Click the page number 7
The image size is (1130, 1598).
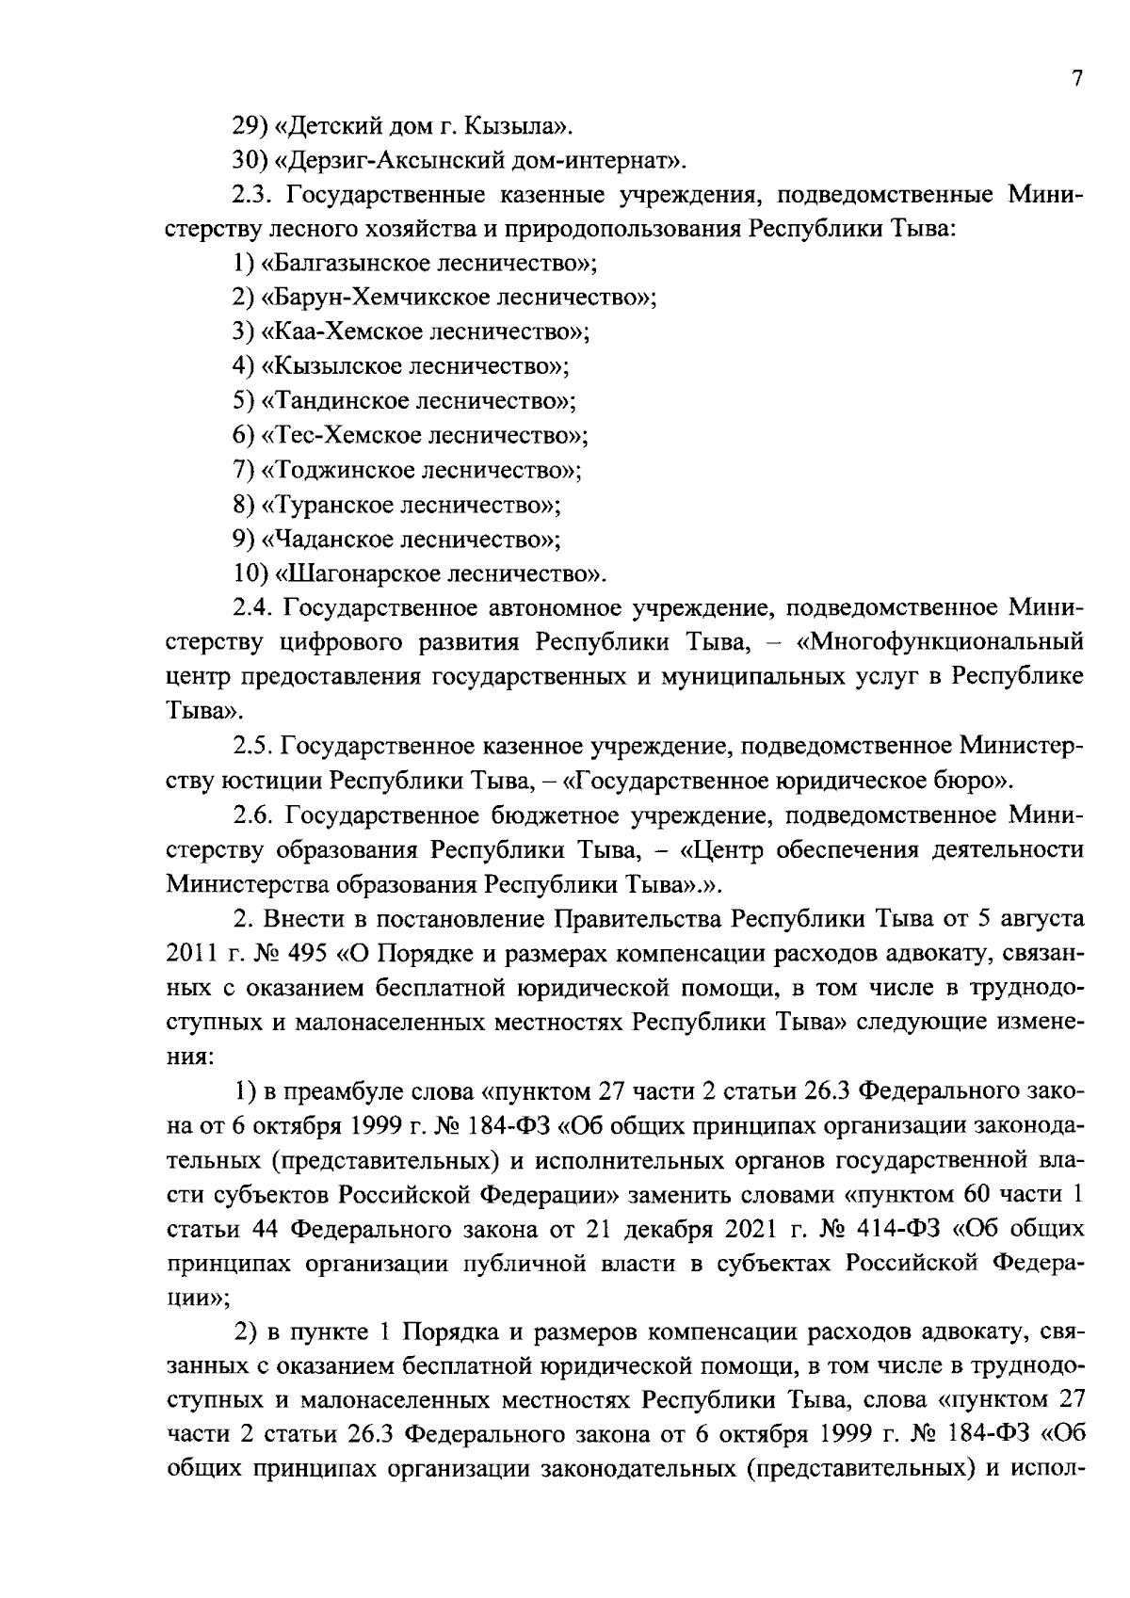1077,79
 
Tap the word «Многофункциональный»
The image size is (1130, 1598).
945,643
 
